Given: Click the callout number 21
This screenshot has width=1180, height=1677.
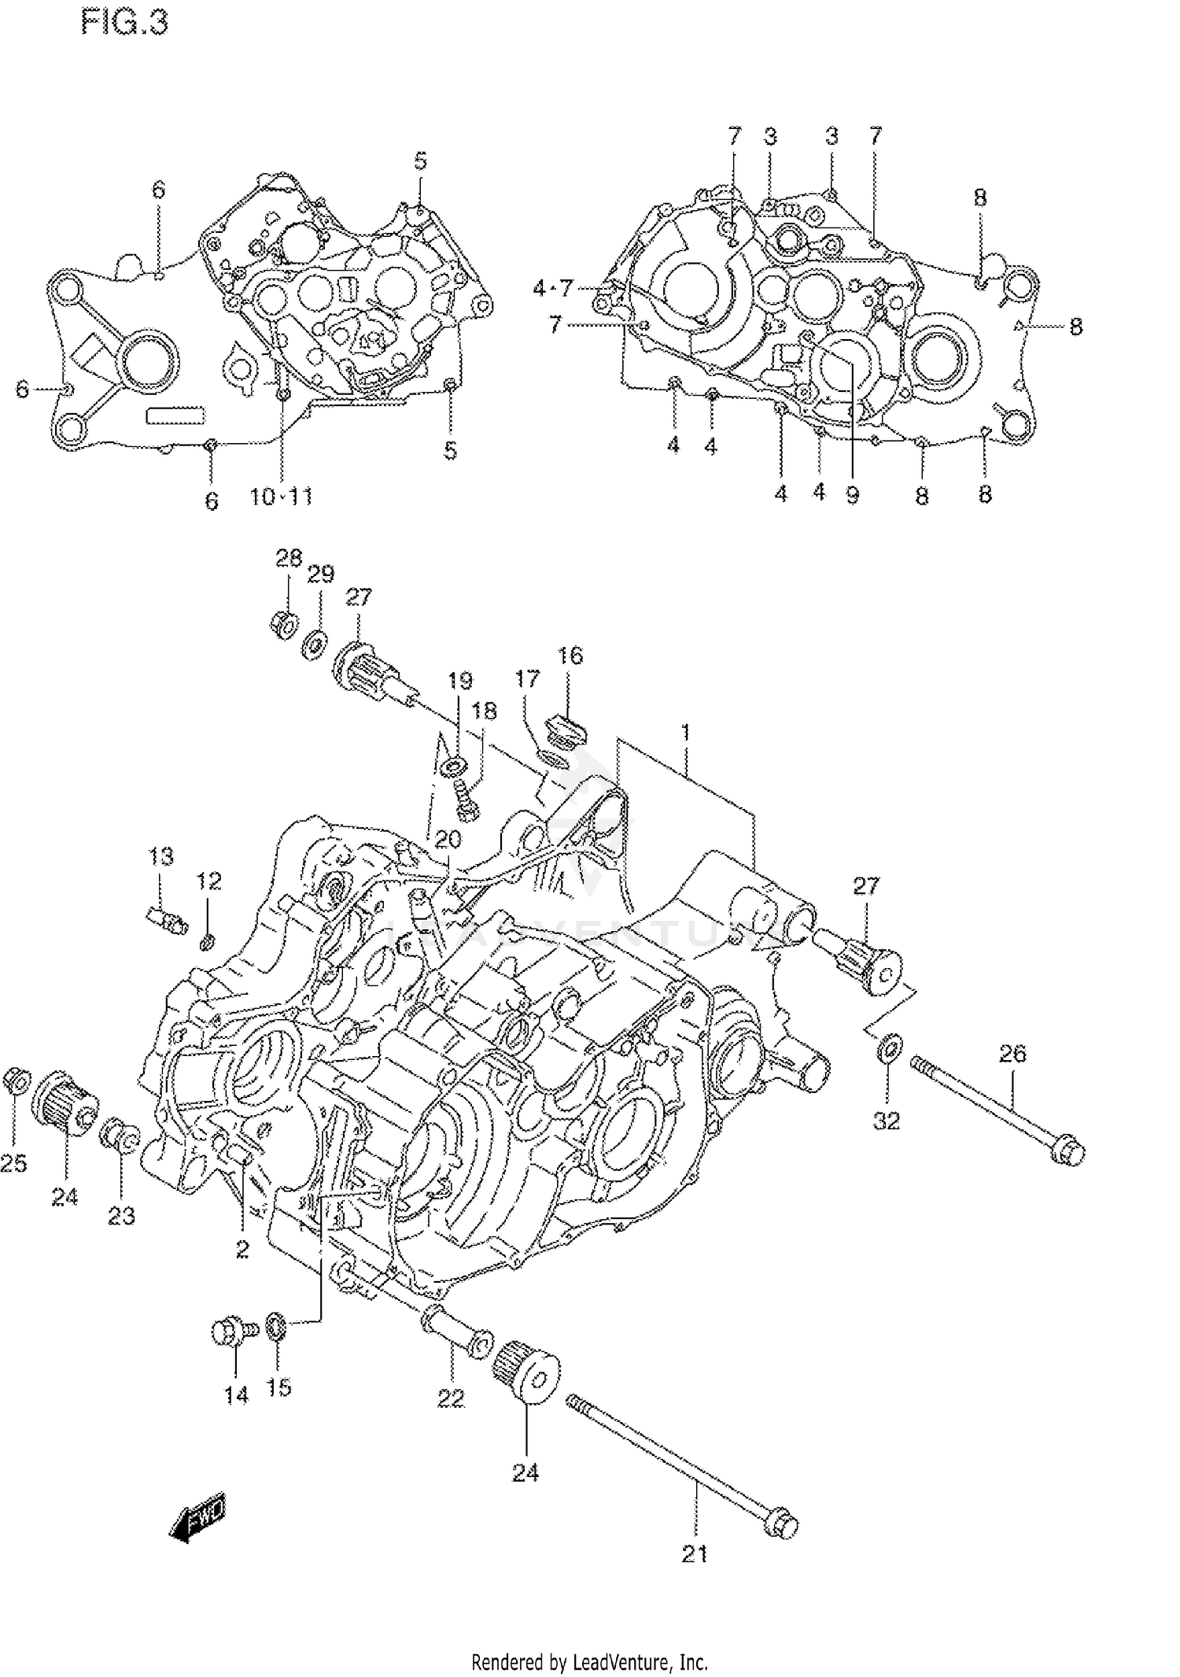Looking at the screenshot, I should coord(694,1553).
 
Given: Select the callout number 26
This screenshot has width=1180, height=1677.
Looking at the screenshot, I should coord(1012,1053).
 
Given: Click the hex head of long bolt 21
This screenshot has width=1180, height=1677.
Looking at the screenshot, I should coord(781,1523).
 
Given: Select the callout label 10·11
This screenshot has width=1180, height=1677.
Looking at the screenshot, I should coord(281,497).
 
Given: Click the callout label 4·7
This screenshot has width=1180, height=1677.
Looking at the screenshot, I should coord(553,288).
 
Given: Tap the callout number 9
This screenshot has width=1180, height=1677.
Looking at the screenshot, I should coord(853,495).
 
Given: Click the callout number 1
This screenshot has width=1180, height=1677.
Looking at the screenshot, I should coord(685,733).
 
